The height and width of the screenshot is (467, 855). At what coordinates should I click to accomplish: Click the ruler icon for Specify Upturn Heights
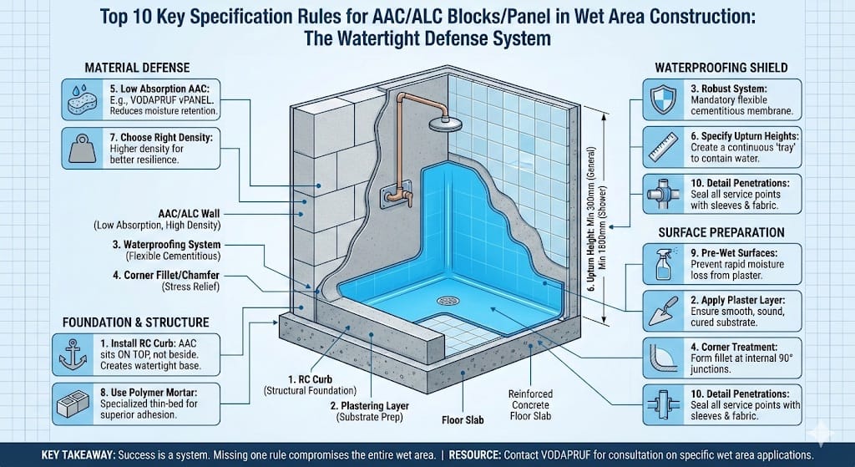[660, 150]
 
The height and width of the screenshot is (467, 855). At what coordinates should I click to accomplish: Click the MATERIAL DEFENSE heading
[137, 66]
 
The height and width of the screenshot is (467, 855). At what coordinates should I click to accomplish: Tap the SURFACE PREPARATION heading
[720, 231]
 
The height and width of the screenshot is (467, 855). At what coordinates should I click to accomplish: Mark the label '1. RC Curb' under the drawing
[296, 379]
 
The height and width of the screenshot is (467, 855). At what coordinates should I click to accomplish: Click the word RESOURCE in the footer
[476, 455]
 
